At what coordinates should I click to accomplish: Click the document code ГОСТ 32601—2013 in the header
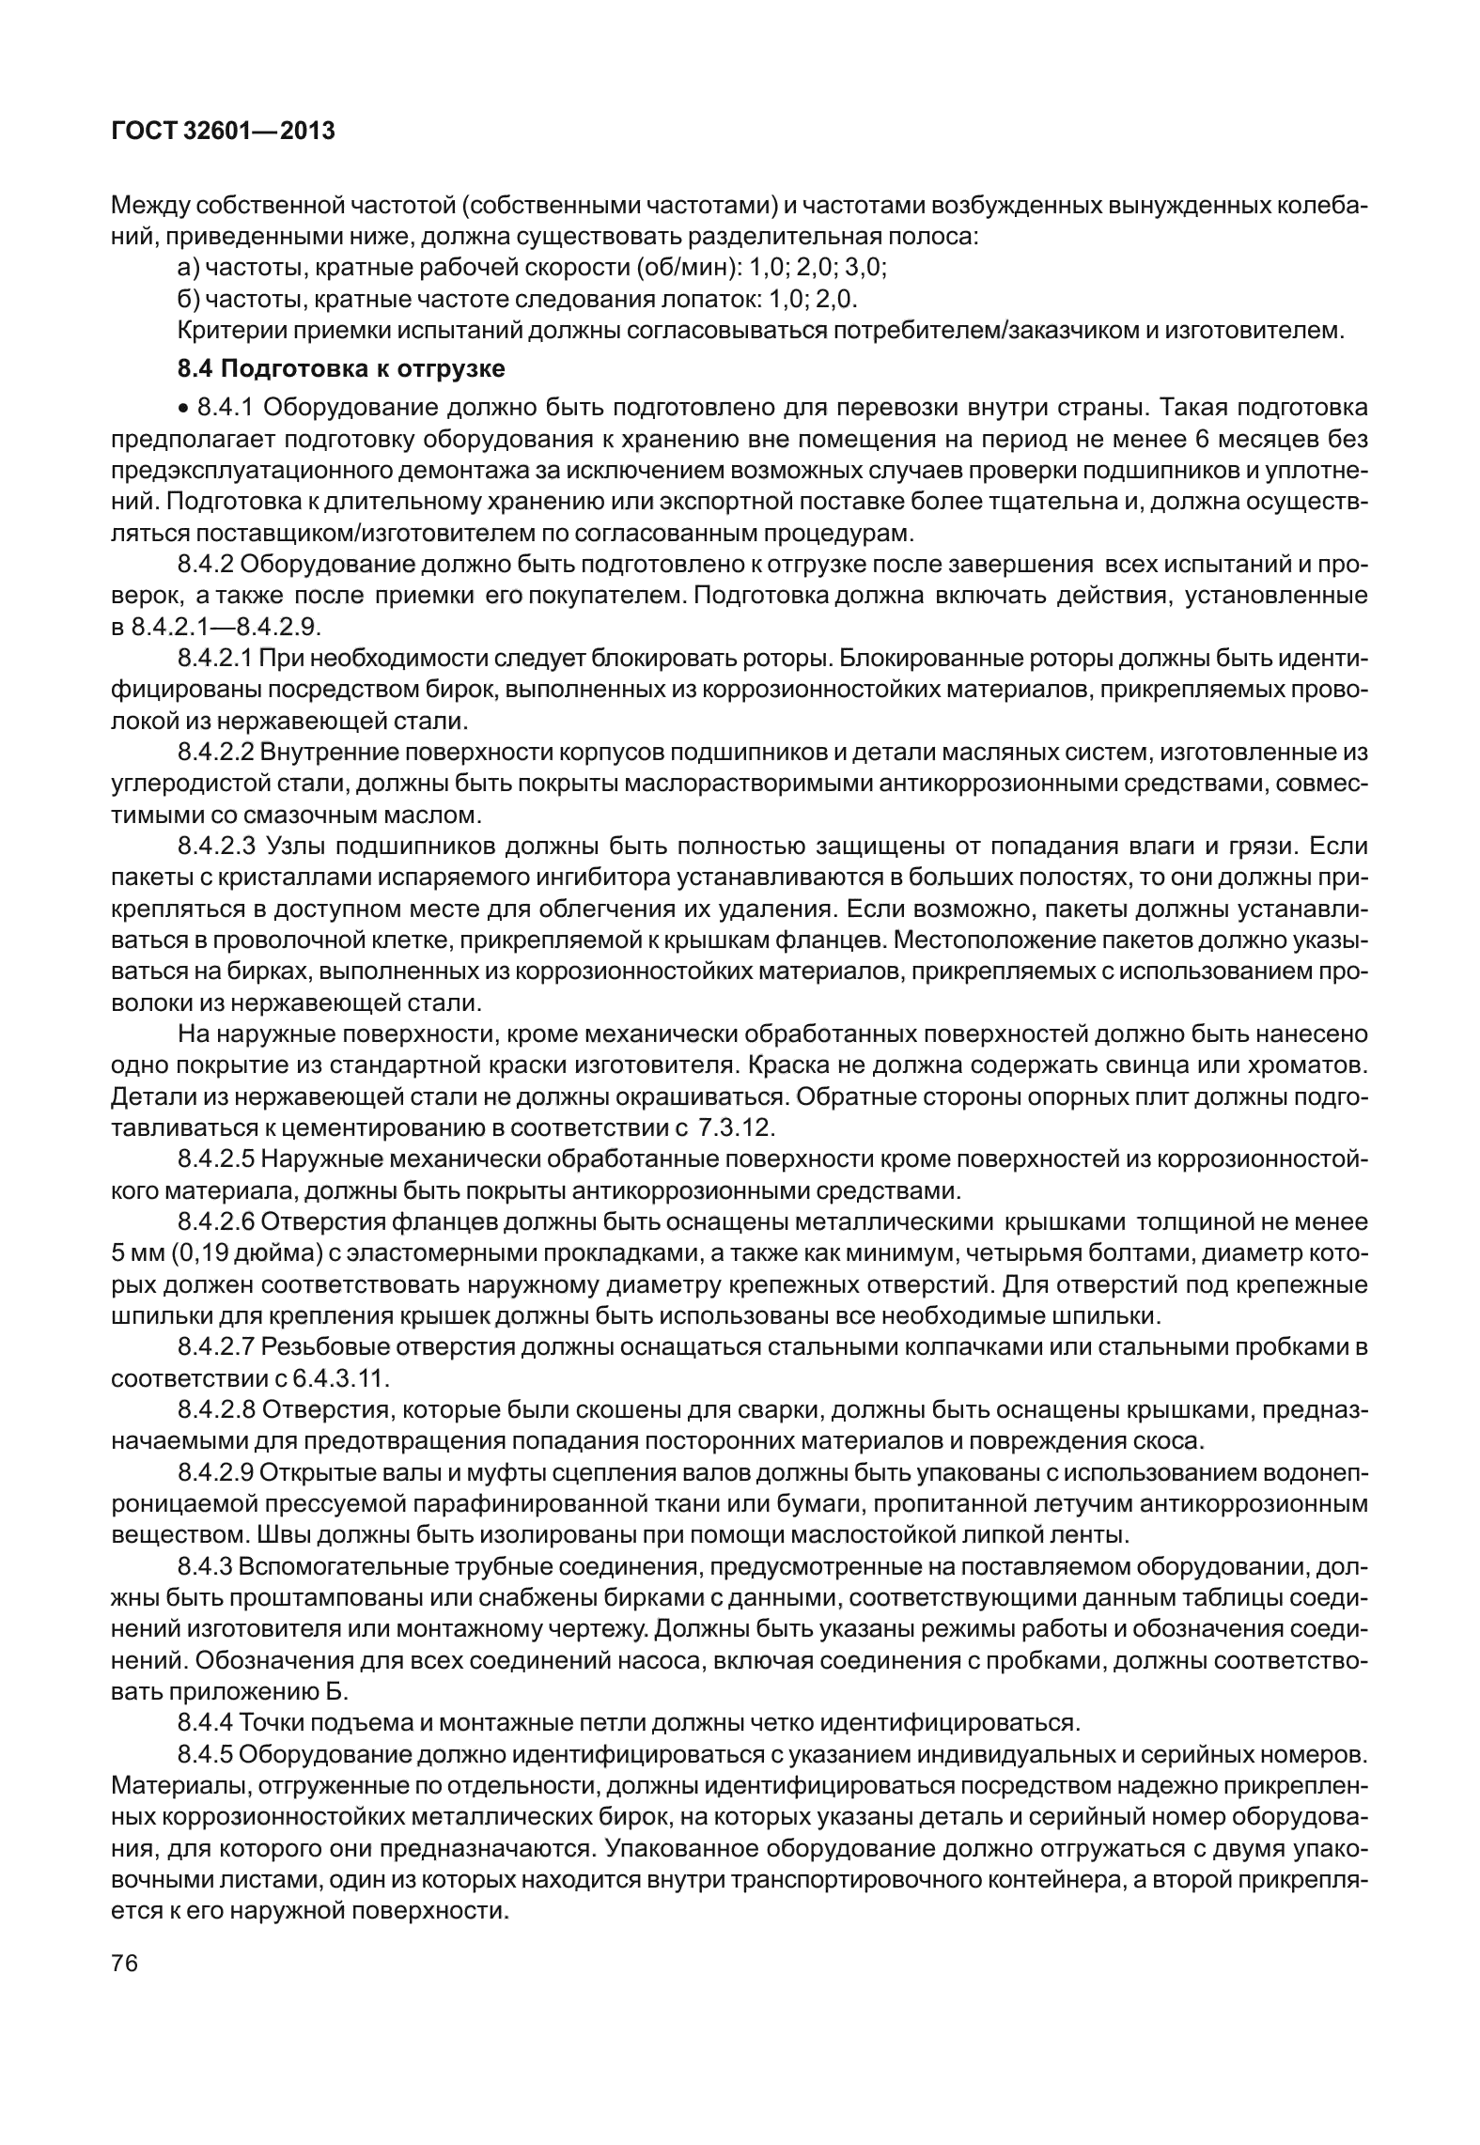pyautogui.click(x=223, y=132)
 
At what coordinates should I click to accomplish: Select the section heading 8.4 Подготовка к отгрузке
pyautogui.click(x=341, y=369)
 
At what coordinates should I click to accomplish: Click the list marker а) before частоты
pyautogui.click(x=187, y=268)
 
